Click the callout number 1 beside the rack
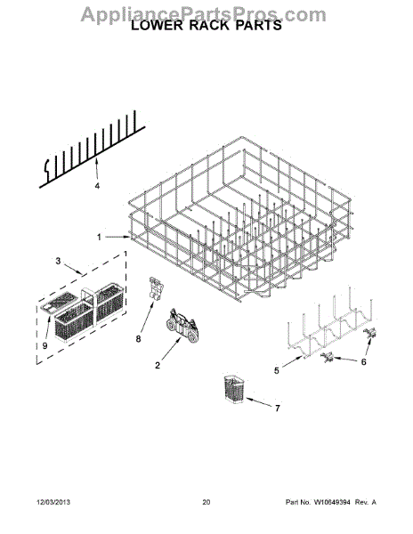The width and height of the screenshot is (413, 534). pos(99,237)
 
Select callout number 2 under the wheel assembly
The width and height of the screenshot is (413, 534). pos(158,365)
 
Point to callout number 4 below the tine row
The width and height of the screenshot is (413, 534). pos(97,187)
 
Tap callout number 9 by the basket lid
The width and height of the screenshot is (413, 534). pos(45,346)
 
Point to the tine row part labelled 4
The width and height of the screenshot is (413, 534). pos(89,151)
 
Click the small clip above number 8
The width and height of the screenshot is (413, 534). pos(157,289)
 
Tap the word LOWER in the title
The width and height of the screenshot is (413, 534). pos(161,27)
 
